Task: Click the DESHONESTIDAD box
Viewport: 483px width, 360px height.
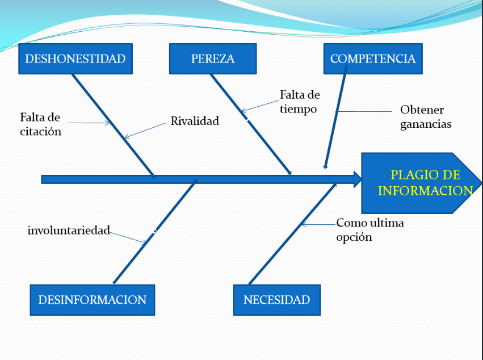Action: click(75, 58)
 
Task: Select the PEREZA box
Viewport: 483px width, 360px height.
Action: click(213, 58)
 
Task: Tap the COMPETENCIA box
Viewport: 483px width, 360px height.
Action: click(373, 58)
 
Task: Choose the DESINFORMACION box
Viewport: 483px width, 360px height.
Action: click(93, 300)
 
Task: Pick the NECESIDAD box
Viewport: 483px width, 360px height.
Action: click(277, 300)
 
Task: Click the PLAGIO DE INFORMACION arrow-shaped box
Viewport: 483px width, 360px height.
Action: click(421, 183)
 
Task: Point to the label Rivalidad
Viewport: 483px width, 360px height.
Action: click(195, 121)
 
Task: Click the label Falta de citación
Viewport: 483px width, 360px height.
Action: click(40, 124)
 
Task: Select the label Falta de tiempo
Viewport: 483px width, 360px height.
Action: click(300, 102)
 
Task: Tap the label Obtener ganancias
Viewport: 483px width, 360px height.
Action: click(426, 117)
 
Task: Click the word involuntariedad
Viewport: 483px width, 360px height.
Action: click(69, 230)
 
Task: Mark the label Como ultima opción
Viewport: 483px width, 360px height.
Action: click(370, 229)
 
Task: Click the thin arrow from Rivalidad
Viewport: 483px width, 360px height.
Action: click(145, 131)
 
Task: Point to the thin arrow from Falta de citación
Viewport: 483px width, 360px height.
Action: click(89, 123)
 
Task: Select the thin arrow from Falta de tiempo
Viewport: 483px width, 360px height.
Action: click(261, 106)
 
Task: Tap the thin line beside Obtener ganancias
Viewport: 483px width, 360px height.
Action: click(364, 111)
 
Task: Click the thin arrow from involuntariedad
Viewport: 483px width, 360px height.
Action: click(128, 238)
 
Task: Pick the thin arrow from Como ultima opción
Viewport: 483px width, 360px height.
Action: click(318, 225)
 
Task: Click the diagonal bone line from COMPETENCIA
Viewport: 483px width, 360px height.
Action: click(335, 117)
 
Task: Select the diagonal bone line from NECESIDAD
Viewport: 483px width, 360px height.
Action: click(293, 233)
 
